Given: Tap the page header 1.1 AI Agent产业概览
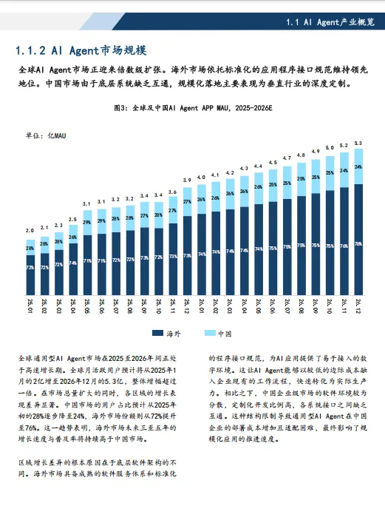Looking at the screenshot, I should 330,24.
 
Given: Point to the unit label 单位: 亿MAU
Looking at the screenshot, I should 46,136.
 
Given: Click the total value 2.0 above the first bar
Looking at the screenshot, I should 30,231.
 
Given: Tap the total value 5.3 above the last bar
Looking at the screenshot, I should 358,143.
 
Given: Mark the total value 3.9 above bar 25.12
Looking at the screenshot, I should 188,180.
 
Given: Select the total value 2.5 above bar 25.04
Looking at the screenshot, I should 72,219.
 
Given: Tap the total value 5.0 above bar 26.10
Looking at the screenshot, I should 330,148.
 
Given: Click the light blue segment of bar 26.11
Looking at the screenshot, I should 344,169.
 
